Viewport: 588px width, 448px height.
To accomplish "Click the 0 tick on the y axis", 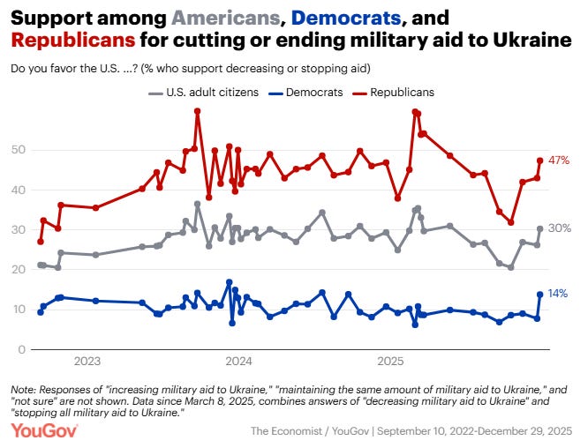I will pos(20,349).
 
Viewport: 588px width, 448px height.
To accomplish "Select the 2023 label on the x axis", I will pos(87,361).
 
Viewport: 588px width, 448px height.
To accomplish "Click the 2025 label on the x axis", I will pos(390,361).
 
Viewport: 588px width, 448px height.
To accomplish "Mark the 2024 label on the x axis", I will pos(238,361).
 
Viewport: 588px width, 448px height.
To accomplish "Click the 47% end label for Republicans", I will pos(558,161).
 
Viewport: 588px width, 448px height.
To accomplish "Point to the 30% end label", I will pos(558,228).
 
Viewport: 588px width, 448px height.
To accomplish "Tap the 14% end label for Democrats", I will pos(558,293).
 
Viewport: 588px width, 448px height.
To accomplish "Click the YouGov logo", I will pos(44,429).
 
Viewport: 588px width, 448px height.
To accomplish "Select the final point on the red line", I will pos(539,161).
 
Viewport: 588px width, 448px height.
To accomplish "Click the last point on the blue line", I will pos(539,294).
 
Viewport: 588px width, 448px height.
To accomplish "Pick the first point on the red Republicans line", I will pos(40,242).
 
